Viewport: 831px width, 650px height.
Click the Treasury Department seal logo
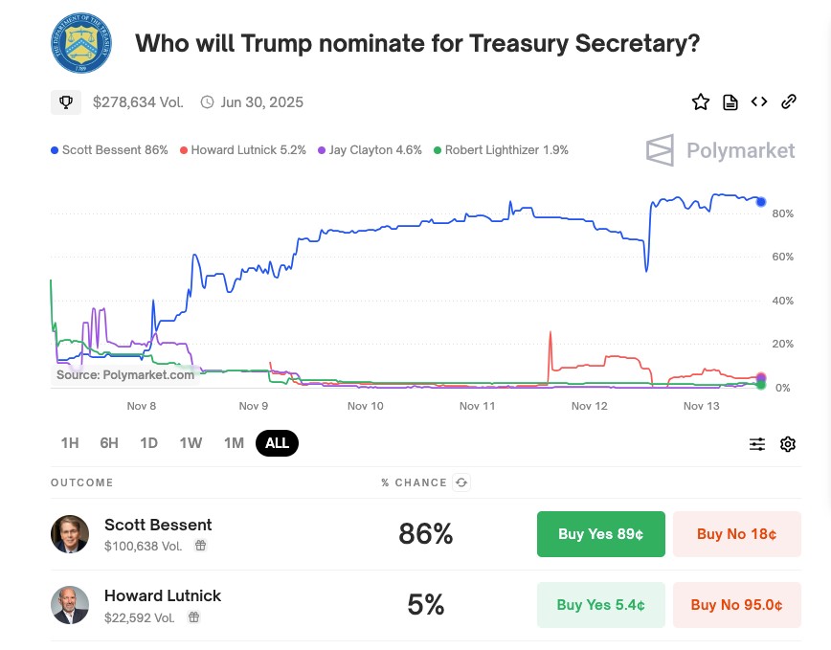click(x=80, y=45)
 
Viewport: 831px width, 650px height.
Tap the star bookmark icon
click(x=701, y=102)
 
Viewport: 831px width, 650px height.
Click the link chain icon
click(x=789, y=102)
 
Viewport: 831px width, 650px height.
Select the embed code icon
click(x=759, y=102)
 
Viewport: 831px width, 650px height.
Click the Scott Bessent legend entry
click(x=109, y=150)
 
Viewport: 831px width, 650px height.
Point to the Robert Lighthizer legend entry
click(x=502, y=150)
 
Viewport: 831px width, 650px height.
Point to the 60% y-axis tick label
click(x=782, y=257)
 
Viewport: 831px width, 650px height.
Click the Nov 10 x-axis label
click(x=365, y=406)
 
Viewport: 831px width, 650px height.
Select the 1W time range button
click(x=191, y=443)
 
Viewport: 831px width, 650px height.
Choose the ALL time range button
click(x=278, y=443)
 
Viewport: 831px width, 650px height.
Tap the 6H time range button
click(x=109, y=443)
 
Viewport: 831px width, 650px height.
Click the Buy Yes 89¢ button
click(x=600, y=534)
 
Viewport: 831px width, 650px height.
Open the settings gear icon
click(x=788, y=444)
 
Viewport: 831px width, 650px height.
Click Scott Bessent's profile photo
click(x=70, y=534)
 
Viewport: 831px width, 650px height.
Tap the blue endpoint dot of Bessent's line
click(x=761, y=201)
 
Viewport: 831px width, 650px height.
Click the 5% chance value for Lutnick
click(x=425, y=605)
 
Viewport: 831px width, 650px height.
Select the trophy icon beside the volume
click(x=66, y=102)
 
